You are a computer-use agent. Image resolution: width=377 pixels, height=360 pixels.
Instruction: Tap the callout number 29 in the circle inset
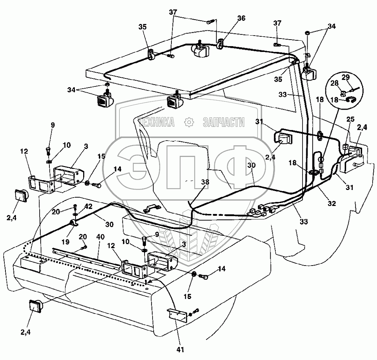click(345, 77)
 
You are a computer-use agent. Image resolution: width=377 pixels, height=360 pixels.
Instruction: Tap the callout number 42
click(89, 206)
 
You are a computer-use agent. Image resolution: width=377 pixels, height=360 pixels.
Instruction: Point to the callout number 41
click(181, 350)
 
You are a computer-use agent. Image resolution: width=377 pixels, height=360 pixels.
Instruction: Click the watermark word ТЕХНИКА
click(157, 122)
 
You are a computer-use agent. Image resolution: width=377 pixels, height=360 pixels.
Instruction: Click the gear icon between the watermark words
click(188, 122)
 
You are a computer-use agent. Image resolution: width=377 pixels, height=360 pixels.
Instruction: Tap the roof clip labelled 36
click(220, 45)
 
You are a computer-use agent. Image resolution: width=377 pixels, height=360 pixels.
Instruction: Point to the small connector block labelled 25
click(346, 147)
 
